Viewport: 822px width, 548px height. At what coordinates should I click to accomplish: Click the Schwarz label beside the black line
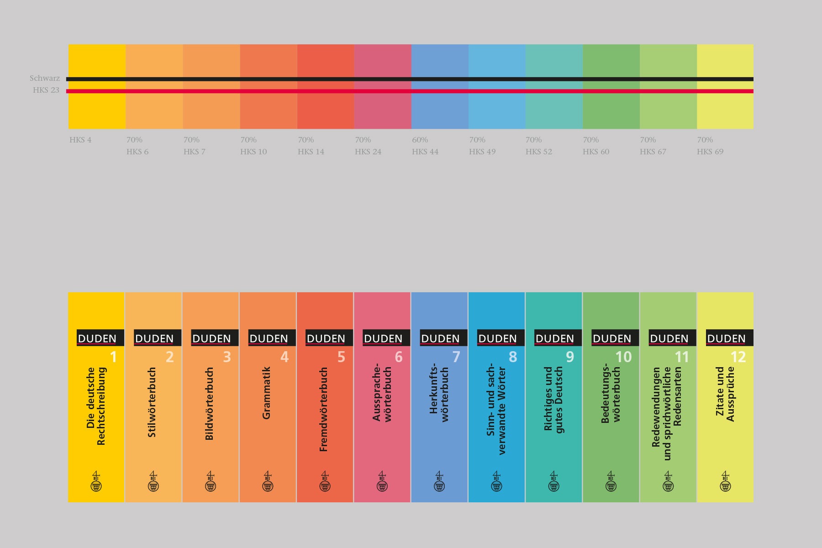coord(45,79)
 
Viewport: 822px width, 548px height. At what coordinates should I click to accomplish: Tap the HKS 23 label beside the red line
coord(46,90)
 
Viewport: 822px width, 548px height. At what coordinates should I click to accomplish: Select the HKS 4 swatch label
coord(80,140)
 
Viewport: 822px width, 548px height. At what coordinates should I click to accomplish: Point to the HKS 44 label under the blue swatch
coord(425,152)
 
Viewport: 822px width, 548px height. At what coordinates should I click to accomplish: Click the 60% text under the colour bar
coord(420,140)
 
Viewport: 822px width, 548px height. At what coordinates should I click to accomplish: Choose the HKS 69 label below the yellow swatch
coord(710,152)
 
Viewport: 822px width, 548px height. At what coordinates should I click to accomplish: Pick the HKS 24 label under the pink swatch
coord(368,152)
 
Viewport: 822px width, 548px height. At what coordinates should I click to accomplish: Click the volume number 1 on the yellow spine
coord(114,357)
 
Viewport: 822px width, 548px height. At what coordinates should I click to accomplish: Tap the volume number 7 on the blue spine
coord(456,357)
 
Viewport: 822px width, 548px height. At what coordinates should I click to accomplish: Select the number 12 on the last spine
coord(738,357)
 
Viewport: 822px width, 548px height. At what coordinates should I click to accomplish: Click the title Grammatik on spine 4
coord(267,393)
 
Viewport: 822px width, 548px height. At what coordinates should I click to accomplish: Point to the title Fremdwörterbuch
coord(324,410)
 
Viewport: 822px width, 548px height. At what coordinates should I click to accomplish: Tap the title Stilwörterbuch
coord(152,402)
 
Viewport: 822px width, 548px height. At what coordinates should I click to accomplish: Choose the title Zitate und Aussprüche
coord(725,394)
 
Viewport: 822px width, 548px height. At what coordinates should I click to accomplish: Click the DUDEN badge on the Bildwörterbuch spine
coord(211,338)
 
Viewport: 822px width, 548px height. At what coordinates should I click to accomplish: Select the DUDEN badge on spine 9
coord(554,338)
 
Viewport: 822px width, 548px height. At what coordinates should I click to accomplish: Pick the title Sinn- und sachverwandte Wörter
coord(496,409)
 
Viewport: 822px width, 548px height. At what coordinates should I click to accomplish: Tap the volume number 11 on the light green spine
coord(681,357)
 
